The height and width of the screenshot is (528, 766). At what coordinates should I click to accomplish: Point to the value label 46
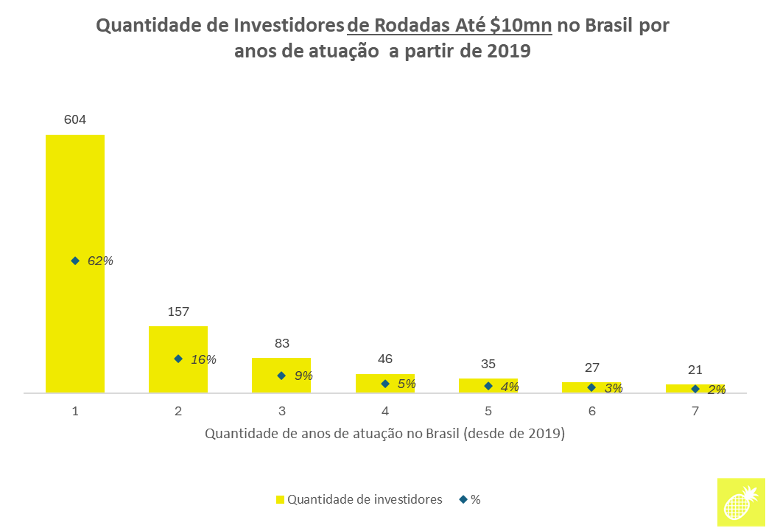pyautogui.click(x=385, y=359)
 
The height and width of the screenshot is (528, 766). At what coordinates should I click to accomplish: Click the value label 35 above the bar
pyautogui.click(x=488, y=364)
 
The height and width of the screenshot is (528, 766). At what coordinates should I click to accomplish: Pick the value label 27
pyautogui.click(x=591, y=367)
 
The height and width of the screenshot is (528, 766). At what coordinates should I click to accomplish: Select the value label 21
pyautogui.click(x=695, y=370)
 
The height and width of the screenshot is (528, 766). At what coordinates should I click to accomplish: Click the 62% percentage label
pyautogui.click(x=100, y=261)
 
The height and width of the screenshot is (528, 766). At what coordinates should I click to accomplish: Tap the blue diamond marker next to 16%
pyautogui.click(x=178, y=359)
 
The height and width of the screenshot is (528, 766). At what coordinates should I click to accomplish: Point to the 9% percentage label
pyautogui.click(x=303, y=376)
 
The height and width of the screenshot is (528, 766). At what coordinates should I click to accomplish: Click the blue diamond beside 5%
pyautogui.click(x=384, y=384)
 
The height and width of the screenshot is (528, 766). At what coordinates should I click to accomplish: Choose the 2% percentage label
pyautogui.click(x=717, y=390)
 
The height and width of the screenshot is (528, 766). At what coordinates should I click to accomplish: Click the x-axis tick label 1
pyautogui.click(x=75, y=411)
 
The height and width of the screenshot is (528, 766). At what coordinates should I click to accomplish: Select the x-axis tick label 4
pyautogui.click(x=385, y=411)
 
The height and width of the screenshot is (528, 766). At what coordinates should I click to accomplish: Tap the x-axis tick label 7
pyautogui.click(x=695, y=411)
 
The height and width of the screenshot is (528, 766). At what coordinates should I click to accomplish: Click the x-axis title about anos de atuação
pyautogui.click(x=384, y=434)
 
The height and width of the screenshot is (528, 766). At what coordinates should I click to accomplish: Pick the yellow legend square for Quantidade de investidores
pyautogui.click(x=280, y=499)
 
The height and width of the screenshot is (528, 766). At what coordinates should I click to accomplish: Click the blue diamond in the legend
pyautogui.click(x=463, y=499)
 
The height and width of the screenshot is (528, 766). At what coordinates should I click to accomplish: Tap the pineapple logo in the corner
pyautogui.click(x=740, y=501)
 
